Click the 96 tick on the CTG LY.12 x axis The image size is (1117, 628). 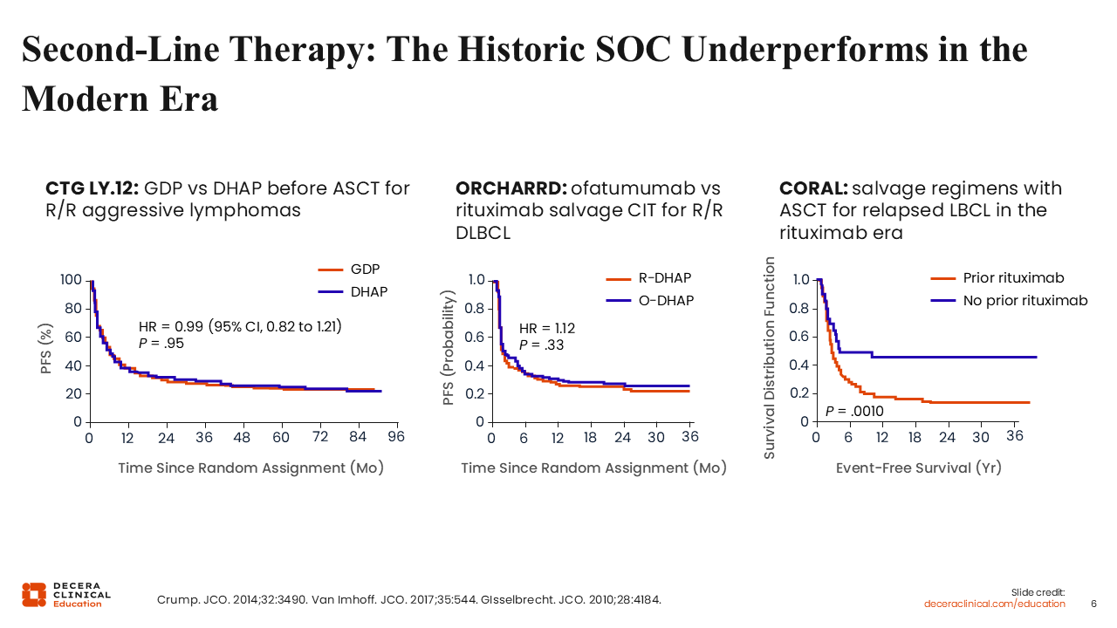click(396, 437)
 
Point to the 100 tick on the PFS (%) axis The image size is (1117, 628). click(72, 280)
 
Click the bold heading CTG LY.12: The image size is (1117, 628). click(93, 188)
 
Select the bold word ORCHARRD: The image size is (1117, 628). click(511, 188)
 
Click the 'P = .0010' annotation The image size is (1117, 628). click(854, 411)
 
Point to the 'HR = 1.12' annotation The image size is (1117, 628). click(547, 329)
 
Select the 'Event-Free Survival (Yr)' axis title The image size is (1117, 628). click(918, 468)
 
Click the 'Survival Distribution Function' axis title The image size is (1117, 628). click(770, 358)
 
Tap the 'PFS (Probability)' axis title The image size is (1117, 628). click(449, 349)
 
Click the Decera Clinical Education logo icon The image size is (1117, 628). click(34, 594)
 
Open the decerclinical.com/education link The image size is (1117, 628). click(995, 604)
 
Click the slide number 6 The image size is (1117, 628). click(1094, 604)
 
